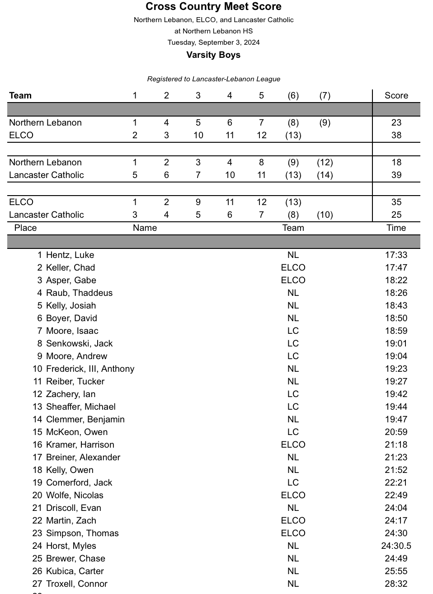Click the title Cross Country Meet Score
(213, 7)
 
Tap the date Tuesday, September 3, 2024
(213, 42)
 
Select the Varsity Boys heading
(213, 55)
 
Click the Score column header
(396, 95)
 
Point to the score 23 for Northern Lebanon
(396, 122)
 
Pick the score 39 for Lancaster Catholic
(396, 175)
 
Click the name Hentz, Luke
(70, 255)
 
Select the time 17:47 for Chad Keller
(396, 267)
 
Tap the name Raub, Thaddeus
(79, 293)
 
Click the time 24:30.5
(396, 546)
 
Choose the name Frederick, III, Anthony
(90, 369)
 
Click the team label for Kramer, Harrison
(293, 444)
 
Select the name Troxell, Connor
(77, 584)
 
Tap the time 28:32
(396, 584)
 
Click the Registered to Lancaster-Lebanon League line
(213, 79)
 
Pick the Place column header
(25, 228)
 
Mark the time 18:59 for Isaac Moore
(396, 331)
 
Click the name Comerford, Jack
(79, 482)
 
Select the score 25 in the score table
(396, 215)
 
